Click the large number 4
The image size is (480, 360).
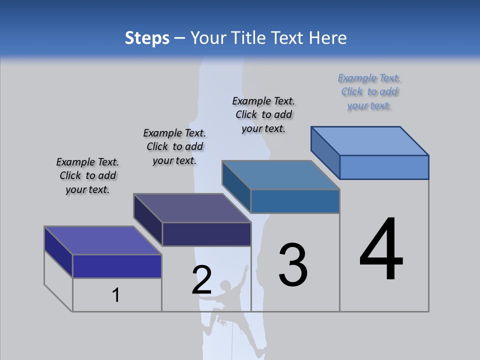point(381,250)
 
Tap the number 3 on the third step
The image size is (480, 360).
point(293,265)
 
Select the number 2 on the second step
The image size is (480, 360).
point(202,280)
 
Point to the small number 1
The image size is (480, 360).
point(116,295)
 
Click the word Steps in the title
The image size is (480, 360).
point(147,38)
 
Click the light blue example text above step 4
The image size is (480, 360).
point(369,92)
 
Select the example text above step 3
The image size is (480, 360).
point(263,114)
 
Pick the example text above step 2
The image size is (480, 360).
point(174,146)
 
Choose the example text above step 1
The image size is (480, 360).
point(87,175)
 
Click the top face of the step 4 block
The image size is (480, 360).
point(370,140)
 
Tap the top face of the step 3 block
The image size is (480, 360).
point(281,175)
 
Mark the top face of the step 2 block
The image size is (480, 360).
point(192,208)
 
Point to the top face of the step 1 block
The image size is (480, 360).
point(103,240)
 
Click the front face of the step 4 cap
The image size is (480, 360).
point(384,167)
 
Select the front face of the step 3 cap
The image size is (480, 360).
point(295,201)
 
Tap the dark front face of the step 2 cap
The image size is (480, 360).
point(206,234)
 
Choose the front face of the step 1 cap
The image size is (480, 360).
point(117,266)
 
